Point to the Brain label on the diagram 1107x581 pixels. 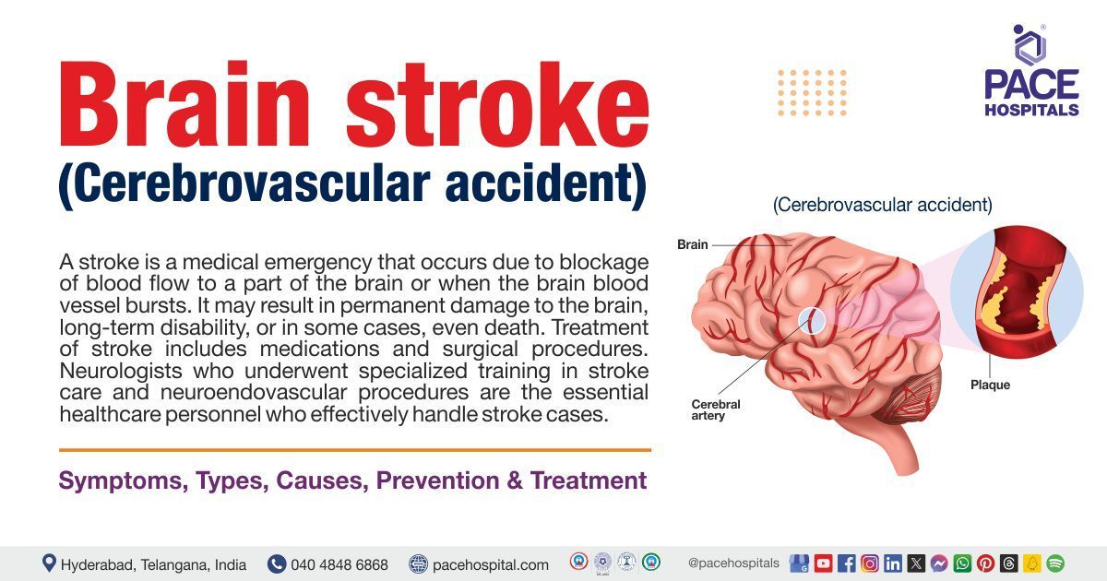(x=692, y=244)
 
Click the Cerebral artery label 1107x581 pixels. (x=715, y=409)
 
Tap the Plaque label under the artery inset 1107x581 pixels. (x=990, y=385)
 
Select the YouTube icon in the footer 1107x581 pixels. (x=823, y=563)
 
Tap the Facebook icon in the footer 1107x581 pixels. (x=846, y=563)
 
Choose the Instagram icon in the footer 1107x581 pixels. (x=869, y=563)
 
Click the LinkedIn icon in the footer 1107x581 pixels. (x=892, y=563)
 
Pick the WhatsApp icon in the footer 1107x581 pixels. (x=962, y=563)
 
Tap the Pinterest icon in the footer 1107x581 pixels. (x=985, y=563)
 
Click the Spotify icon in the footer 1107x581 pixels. (x=1055, y=563)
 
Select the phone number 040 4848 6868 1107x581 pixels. (x=339, y=564)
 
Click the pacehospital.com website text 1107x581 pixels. (x=490, y=564)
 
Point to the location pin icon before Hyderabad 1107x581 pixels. (x=49, y=563)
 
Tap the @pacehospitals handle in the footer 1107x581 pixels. (x=733, y=563)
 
